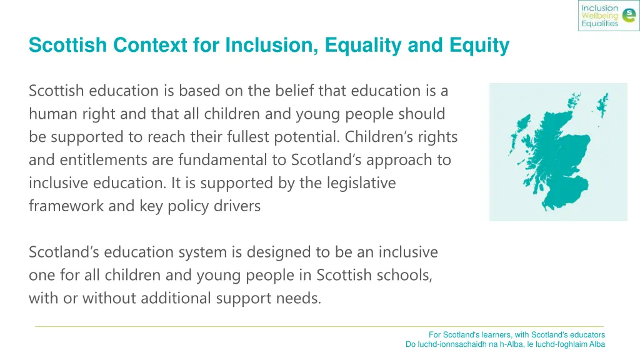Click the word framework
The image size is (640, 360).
66,206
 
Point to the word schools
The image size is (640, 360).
407,275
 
